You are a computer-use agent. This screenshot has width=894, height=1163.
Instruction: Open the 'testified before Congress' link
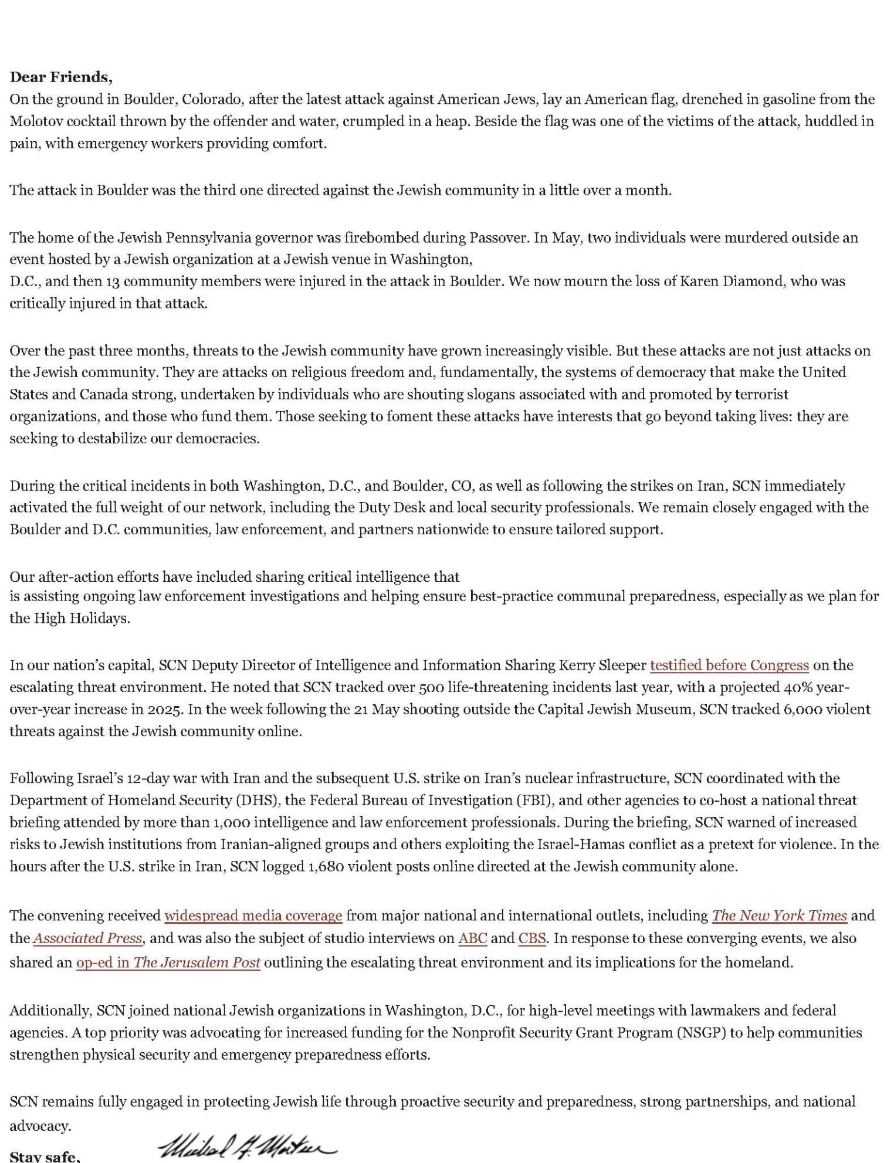click(x=729, y=665)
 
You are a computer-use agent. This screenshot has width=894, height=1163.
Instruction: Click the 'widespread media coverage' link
click(x=253, y=916)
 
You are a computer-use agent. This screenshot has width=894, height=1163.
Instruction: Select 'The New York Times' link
click(x=779, y=916)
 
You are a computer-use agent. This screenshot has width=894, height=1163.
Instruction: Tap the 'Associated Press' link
click(x=87, y=938)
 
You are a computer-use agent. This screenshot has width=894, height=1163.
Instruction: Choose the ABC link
click(x=472, y=938)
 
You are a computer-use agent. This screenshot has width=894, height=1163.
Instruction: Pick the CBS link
click(x=532, y=938)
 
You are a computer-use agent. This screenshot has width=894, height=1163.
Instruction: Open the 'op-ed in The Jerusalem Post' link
click(x=168, y=962)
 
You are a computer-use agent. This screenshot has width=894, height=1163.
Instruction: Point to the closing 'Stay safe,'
click(x=45, y=1157)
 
